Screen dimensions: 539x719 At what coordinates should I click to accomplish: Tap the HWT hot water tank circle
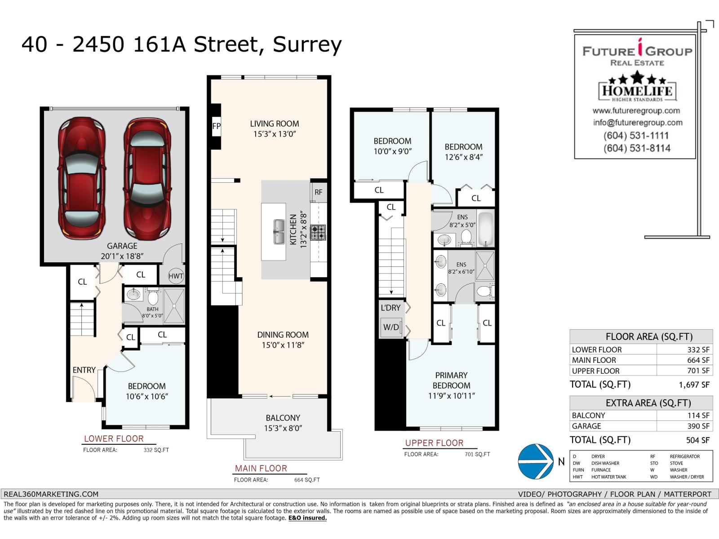click(x=176, y=276)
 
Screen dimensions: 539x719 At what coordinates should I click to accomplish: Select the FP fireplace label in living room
click(x=216, y=126)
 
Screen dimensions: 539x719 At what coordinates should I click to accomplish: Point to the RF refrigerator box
click(x=318, y=192)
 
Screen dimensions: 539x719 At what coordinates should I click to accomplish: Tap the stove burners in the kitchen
click(x=318, y=232)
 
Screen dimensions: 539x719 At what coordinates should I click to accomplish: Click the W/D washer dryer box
click(x=391, y=327)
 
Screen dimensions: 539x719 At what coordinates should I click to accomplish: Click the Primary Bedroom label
click(x=451, y=380)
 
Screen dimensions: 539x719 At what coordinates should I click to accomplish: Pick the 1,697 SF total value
click(x=694, y=385)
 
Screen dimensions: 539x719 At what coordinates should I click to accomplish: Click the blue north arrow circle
click(x=536, y=461)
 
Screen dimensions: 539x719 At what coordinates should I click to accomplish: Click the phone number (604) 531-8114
click(x=637, y=148)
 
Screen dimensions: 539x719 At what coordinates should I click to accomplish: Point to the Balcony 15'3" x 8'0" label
click(x=283, y=423)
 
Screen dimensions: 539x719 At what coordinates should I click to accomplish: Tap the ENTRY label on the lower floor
click(x=84, y=370)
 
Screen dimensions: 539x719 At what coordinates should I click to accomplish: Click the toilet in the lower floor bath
click(x=153, y=297)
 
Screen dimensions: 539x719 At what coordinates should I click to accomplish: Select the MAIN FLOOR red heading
click(x=261, y=468)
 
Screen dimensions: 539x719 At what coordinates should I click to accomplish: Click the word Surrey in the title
click(x=307, y=45)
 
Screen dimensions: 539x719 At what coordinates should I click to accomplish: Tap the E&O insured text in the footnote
click(x=307, y=518)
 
